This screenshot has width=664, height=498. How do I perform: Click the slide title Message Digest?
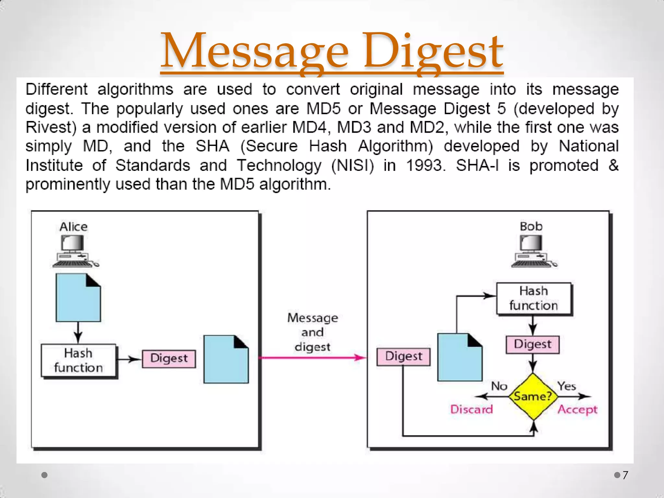(332, 52)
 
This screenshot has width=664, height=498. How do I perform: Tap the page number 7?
(625, 475)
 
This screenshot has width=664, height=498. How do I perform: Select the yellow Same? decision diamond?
(533, 397)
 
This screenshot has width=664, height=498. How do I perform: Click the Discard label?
(471, 409)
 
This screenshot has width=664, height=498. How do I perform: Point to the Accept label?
(577, 410)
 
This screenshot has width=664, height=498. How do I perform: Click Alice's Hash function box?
(78, 361)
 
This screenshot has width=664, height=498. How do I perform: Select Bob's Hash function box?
(534, 298)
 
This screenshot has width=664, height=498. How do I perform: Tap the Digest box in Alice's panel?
(169, 359)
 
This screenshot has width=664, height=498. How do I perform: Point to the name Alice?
(74, 227)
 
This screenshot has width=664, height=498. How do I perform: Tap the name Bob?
(531, 226)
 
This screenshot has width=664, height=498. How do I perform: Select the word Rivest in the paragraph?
(50, 127)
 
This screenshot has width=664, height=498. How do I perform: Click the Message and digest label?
(313, 332)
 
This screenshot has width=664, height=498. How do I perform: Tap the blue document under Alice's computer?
(78, 298)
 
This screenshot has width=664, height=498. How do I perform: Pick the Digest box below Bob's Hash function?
(533, 344)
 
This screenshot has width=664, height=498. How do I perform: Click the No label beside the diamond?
(499, 386)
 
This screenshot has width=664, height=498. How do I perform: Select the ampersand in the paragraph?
(613, 165)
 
